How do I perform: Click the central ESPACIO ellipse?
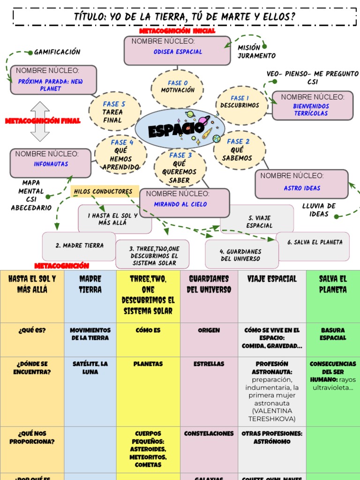[180, 129]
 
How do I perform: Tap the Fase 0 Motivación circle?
[177, 87]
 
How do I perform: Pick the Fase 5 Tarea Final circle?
[114, 112]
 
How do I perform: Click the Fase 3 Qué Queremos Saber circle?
[180, 167]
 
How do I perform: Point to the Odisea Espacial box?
[177, 50]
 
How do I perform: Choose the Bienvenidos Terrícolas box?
[312, 105]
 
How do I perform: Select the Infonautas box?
[51, 163]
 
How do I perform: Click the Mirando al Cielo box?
[184, 202]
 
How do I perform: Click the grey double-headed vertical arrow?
[40, 121]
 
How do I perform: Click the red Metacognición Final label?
[43, 121]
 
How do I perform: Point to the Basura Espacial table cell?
[333, 334]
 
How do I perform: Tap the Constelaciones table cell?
[209, 434]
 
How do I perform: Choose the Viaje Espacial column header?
[272, 279]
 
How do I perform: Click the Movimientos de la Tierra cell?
[90, 334]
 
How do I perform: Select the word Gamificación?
[57, 52]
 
